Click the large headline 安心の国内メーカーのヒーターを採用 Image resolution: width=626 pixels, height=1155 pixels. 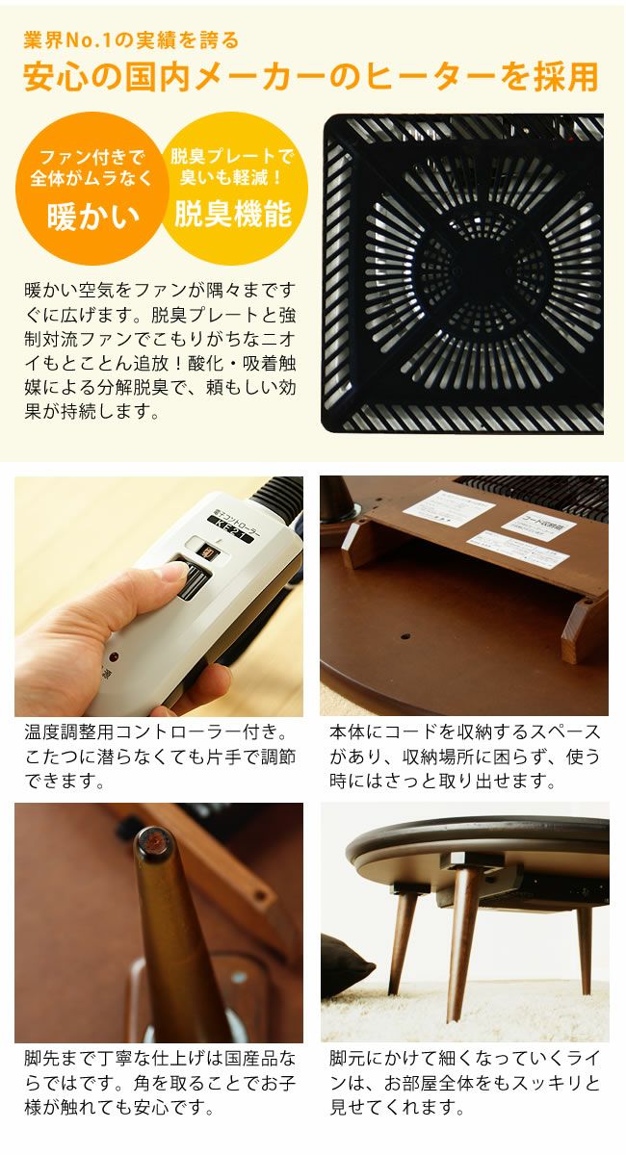pyautogui.click(x=311, y=77)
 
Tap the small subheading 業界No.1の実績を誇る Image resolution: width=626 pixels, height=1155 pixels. pyautogui.click(x=132, y=40)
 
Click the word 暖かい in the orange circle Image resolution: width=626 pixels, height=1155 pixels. pyautogui.click(x=92, y=216)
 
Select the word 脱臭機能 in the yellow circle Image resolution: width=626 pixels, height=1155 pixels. pyautogui.click(x=233, y=214)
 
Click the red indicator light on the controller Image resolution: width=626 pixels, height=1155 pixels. pyautogui.click(x=114, y=657)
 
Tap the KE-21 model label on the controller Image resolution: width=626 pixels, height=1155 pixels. pyautogui.click(x=231, y=532)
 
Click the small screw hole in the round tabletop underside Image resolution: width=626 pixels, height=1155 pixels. pyautogui.click(x=405, y=636)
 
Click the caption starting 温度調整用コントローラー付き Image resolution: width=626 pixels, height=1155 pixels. pyautogui.click(x=160, y=757)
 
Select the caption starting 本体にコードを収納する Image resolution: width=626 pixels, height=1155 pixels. pyautogui.click(x=464, y=757)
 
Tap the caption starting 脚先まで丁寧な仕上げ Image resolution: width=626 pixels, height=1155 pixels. pyautogui.click(x=160, y=1083)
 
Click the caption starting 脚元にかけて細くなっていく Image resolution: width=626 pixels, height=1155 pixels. pyautogui.click(x=464, y=1083)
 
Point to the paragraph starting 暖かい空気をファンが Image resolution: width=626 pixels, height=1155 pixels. pyautogui.click(x=160, y=350)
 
